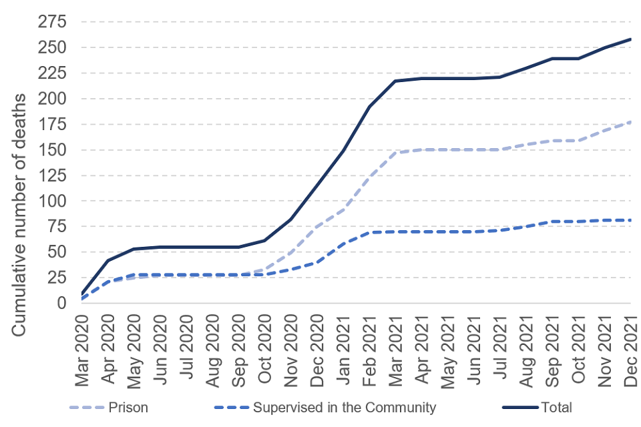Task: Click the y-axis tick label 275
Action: (x=52, y=22)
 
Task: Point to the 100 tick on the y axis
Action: (x=52, y=201)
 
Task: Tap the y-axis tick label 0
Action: (x=61, y=303)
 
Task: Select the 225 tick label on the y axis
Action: (x=52, y=73)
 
